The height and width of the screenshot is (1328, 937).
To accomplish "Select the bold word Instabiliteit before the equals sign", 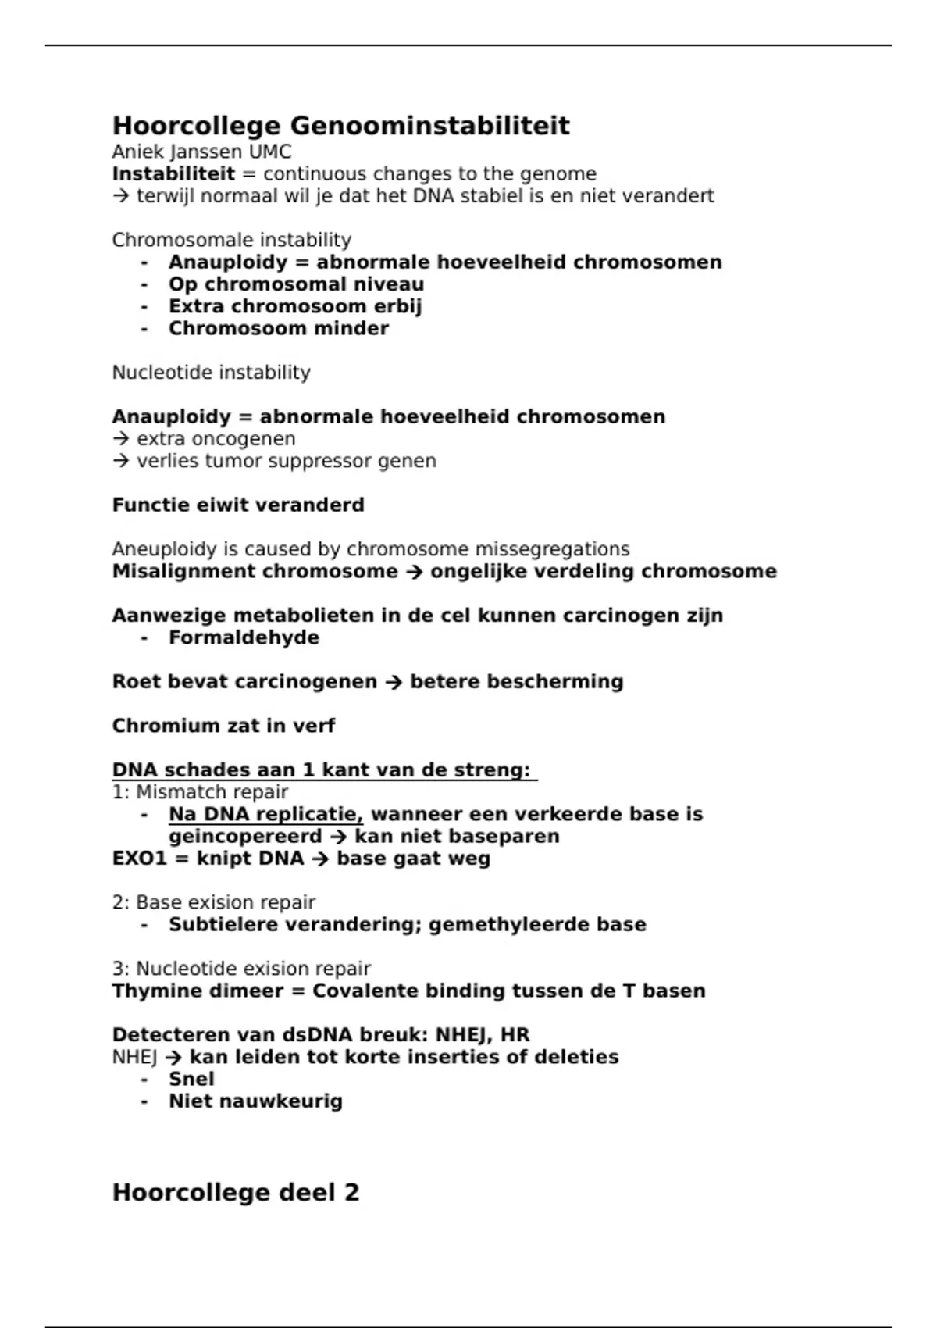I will [x=173, y=173].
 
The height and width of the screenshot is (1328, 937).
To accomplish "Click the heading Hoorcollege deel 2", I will [x=235, y=1192].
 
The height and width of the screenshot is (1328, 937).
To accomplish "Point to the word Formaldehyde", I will [x=244, y=637].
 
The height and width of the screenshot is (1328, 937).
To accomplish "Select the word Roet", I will [x=130, y=682].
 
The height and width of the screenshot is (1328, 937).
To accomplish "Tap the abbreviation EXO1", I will [x=140, y=859].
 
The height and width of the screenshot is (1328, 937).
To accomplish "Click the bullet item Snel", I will [x=191, y=1079].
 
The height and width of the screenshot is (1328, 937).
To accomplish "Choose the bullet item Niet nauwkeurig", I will [x=255, y=1101].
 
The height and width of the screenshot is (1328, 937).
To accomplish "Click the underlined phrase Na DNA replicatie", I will [x=265, y=814].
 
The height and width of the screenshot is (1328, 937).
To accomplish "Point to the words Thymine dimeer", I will [x=198, y=991].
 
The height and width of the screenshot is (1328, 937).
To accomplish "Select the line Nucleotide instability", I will [x=211, y=373].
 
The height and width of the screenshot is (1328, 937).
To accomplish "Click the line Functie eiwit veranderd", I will [x=238, y=505].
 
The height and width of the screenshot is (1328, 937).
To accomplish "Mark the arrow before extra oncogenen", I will [x=121, y=439].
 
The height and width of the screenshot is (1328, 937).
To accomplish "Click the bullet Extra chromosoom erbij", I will [x=295, y=306].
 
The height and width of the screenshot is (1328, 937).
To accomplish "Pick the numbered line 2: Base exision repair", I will [x=213, y=902].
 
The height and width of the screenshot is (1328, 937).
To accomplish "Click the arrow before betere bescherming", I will [x=394, y=682].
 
